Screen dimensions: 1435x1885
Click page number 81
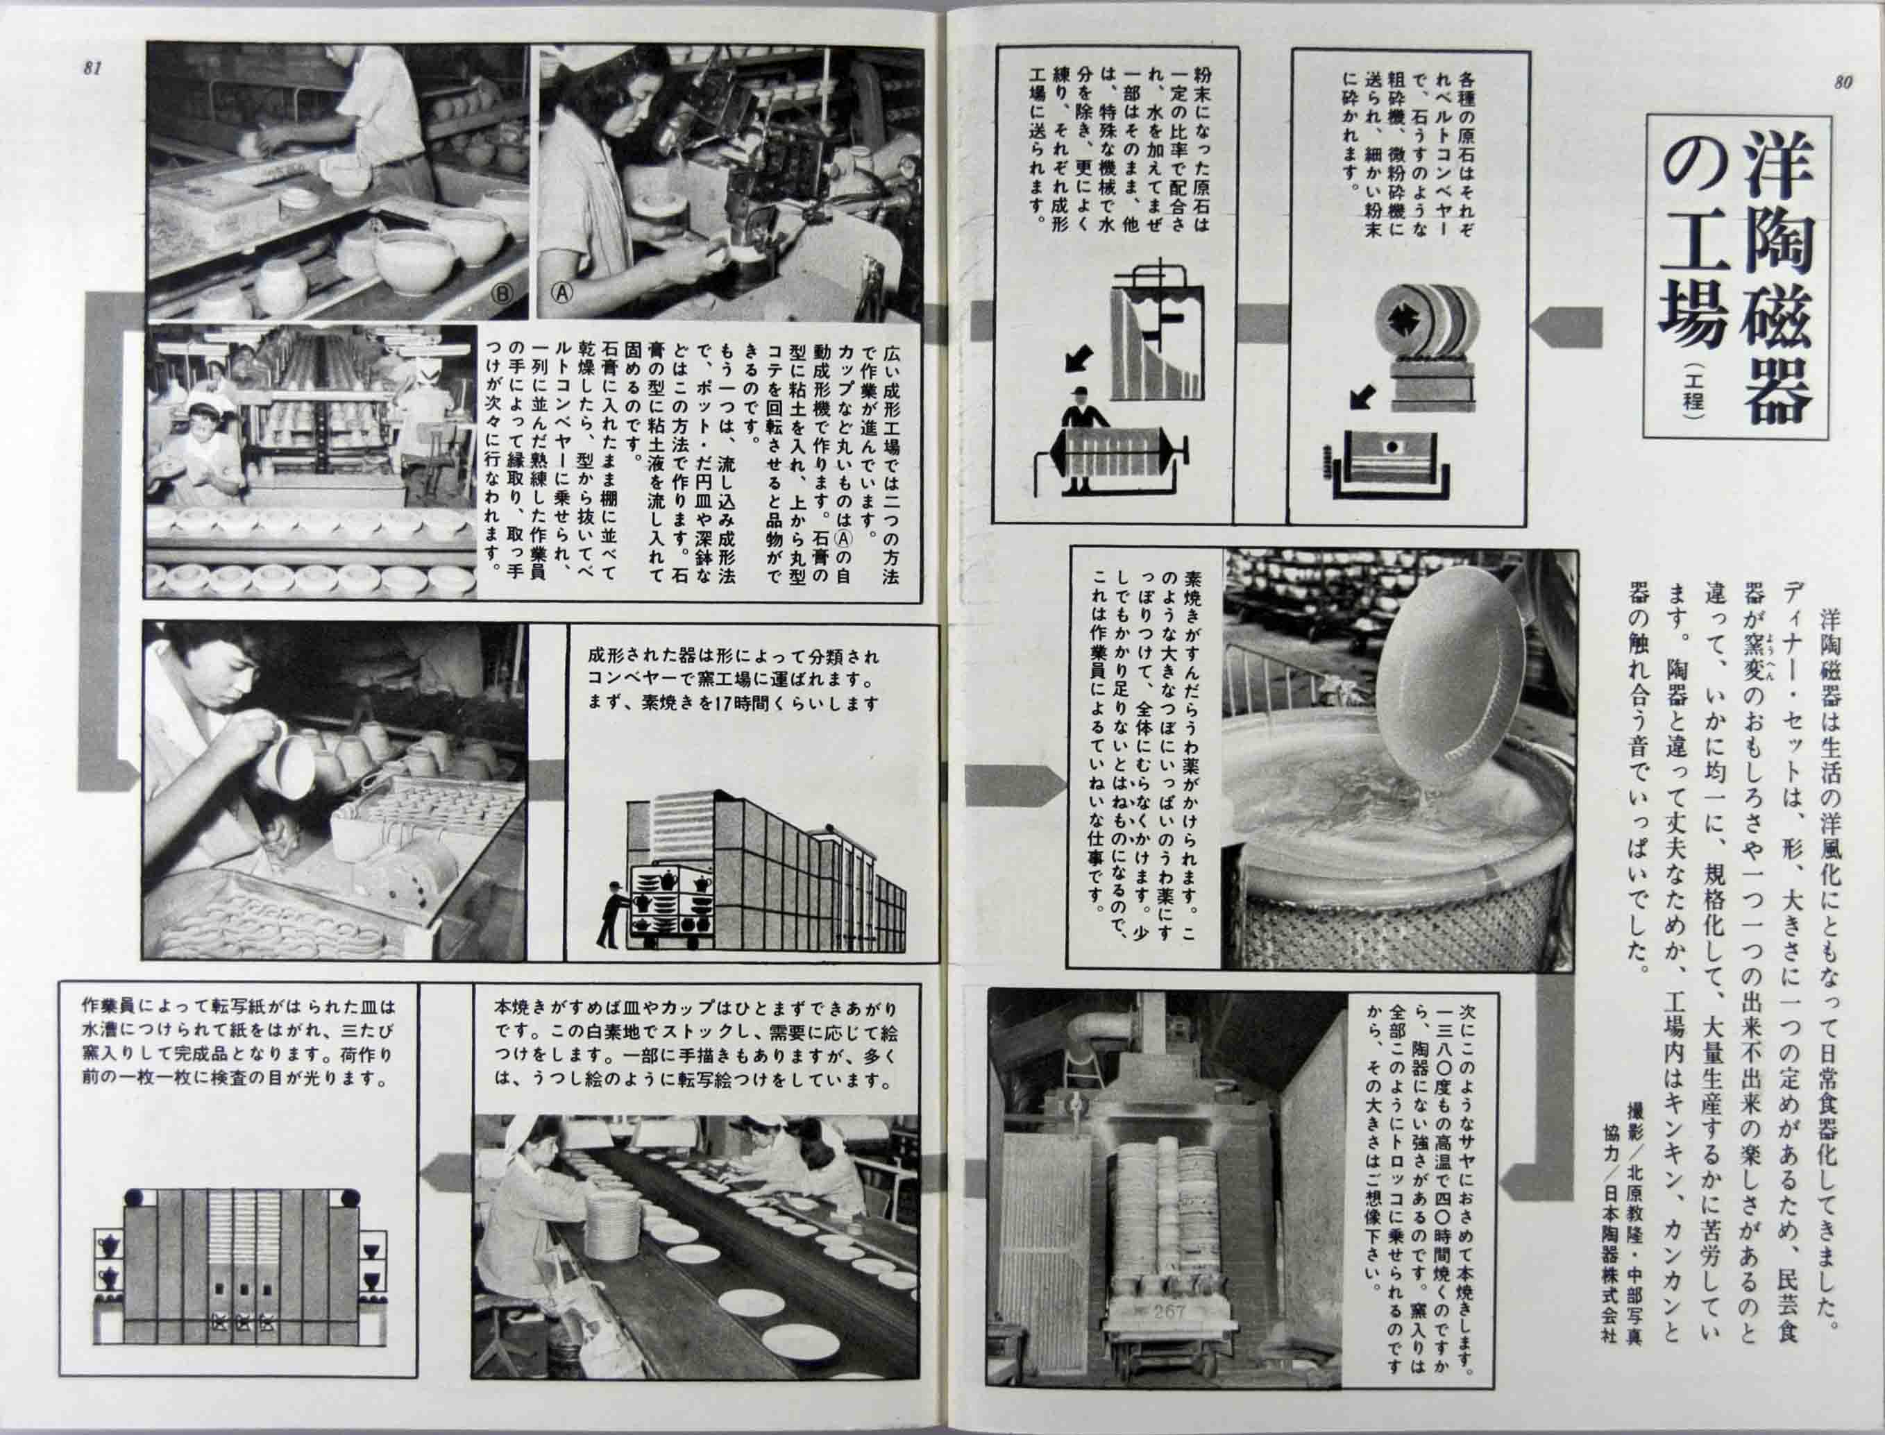tap(92, 70)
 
